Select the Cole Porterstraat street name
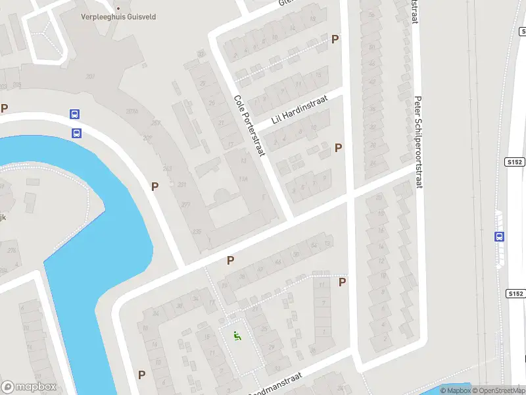point(249,126)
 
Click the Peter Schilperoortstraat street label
point(418,142)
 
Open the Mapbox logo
point(29,387)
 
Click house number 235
point(197,231)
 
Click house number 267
point(156,123)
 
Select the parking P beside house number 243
point(155,186)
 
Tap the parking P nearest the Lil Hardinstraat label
point(338,148)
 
